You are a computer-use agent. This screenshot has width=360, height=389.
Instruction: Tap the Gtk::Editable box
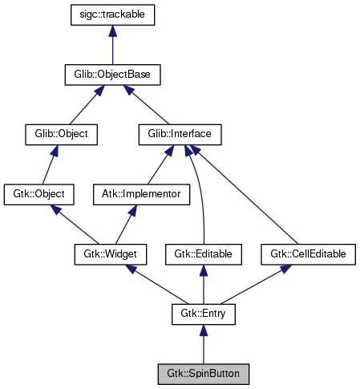pos(203,253)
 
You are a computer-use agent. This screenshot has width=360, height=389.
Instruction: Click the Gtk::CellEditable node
pos(308,253)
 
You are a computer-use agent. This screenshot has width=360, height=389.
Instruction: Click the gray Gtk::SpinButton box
pos(203,373)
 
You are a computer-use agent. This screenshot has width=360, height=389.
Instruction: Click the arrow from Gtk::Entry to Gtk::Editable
pos(203,285)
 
